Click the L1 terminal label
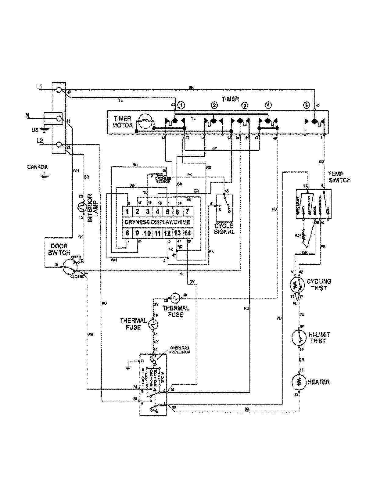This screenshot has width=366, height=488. [x=39, y=87]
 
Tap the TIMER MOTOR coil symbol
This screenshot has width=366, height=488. [x=145, y=121]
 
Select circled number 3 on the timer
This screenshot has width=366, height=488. [x=245, y=106]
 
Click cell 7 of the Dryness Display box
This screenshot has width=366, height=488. [x=187, y=211]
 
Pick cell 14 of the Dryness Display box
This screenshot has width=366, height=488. [x=187, y=233]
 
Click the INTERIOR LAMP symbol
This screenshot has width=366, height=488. [x=81, y=208]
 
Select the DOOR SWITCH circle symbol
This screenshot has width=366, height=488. [x=70, y=268]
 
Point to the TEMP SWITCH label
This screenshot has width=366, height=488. [x=339, y=177]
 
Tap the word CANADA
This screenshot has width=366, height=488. [x=37, y=167]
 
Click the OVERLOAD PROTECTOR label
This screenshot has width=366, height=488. [x=180, y=350]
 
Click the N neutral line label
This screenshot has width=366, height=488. [x=27, y=116]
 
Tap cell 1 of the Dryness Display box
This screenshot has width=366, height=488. [x=127, y=211]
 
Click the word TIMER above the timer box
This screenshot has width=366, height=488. [x=230, y=99]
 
